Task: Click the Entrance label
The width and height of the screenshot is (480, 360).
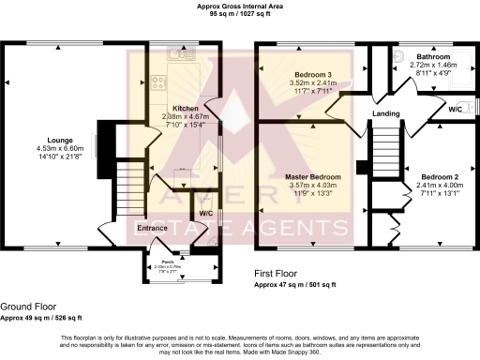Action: pyautogui.click(x=153, y=228)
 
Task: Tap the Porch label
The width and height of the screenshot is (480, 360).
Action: pyautogui.click(x=167, y=262)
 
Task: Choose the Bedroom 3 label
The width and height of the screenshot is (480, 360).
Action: pyautogui.click(x=308, y=73)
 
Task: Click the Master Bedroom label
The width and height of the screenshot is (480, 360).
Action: pyautogui.click(x=312, y=176)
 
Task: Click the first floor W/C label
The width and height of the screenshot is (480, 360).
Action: pyautogui.click(x=455, y=109)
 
